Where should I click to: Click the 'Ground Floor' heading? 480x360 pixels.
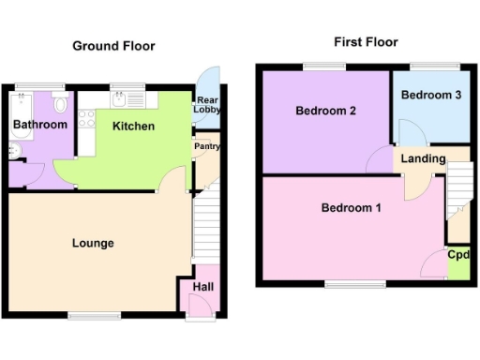[x=114, y=46]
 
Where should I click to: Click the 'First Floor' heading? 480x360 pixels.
[x=366, y=42]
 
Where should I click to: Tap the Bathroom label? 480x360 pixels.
[x=40, y=125]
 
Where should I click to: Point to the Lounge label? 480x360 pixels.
[x=93, y=244]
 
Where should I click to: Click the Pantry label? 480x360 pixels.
[x=206, y=146]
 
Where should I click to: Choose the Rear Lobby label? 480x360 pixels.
[x=207, y=105]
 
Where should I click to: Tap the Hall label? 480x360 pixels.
[x=202, y=287]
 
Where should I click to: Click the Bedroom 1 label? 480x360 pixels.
[x=351, y=207]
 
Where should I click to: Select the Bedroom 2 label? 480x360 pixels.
[x=325, y=111]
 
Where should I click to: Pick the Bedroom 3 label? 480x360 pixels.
[x=431, y=95]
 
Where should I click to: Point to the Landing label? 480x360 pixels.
[x=423, y=158]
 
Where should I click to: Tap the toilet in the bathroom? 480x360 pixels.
[x=62, y=103]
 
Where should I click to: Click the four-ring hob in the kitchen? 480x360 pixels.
[x=87, y=119]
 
